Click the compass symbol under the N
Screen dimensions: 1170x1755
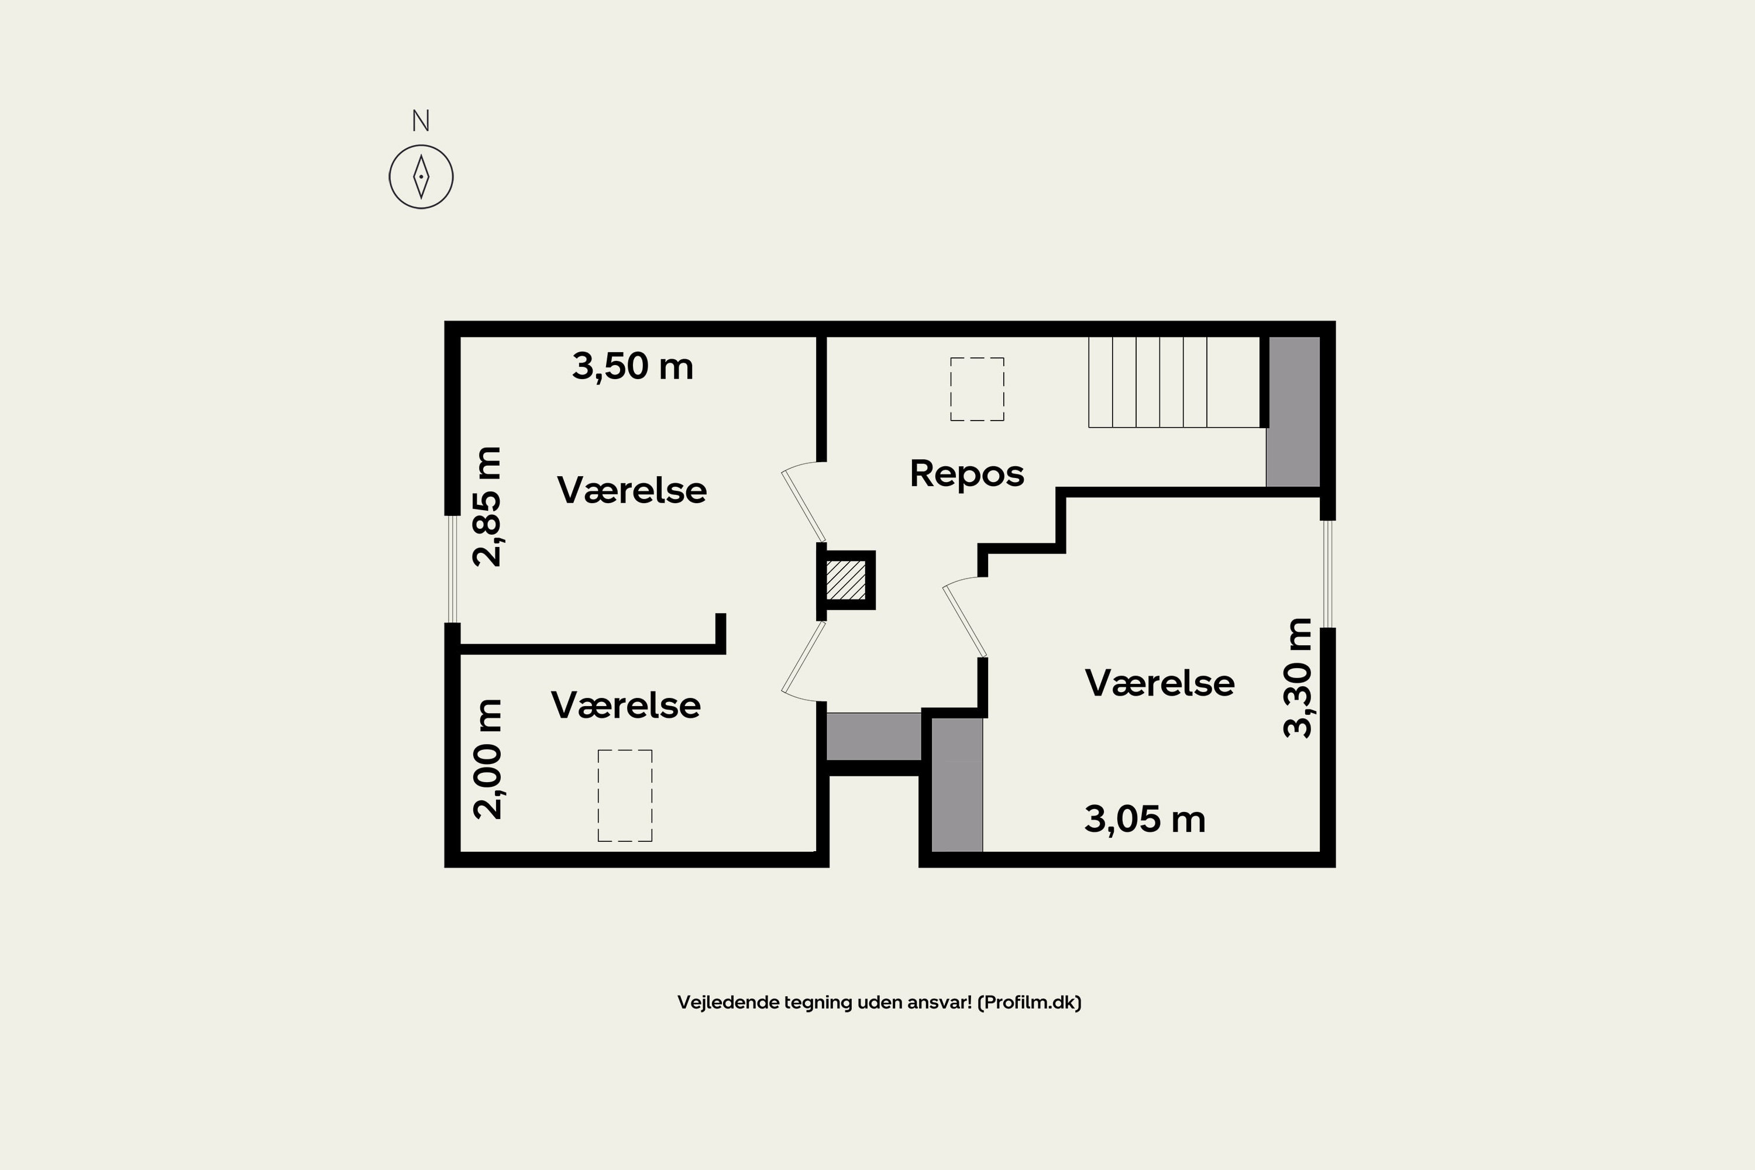tap(421, 177)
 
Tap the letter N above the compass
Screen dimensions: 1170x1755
tap(421, 120)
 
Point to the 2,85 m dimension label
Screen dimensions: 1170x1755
tap(488, 507)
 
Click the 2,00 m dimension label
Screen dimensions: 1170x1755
tap(488, 759)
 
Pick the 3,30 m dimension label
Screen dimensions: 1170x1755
tap(1297, 677)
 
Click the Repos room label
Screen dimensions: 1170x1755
tap(967, 474)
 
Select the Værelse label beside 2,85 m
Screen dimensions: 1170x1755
tap(632, 490)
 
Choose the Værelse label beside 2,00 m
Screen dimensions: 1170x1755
tap(626, 705)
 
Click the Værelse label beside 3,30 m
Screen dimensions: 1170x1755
tap(1159, 683)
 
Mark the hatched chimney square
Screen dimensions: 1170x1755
tap(846, 580)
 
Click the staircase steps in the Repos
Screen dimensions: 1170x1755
tap(1173, 382)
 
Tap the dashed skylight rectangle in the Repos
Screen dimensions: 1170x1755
tap(977, 389)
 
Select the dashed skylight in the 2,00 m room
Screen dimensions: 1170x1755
tap(625, 796)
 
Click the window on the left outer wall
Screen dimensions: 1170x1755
tap(452, 569)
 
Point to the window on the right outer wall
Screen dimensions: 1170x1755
tap(1327, 574)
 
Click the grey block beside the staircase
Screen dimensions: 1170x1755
tap(1293, 412)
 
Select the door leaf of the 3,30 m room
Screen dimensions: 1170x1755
tap(965, 621)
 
